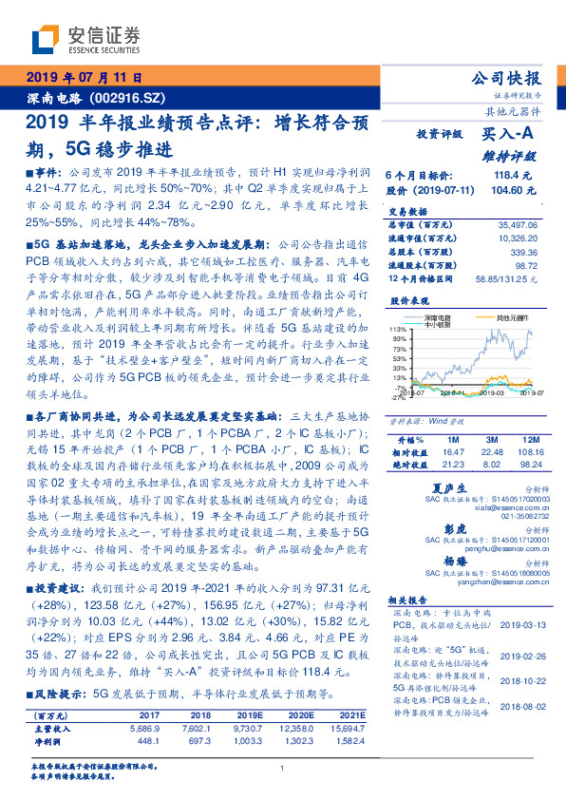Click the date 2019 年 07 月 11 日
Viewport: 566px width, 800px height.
[82, 79]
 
